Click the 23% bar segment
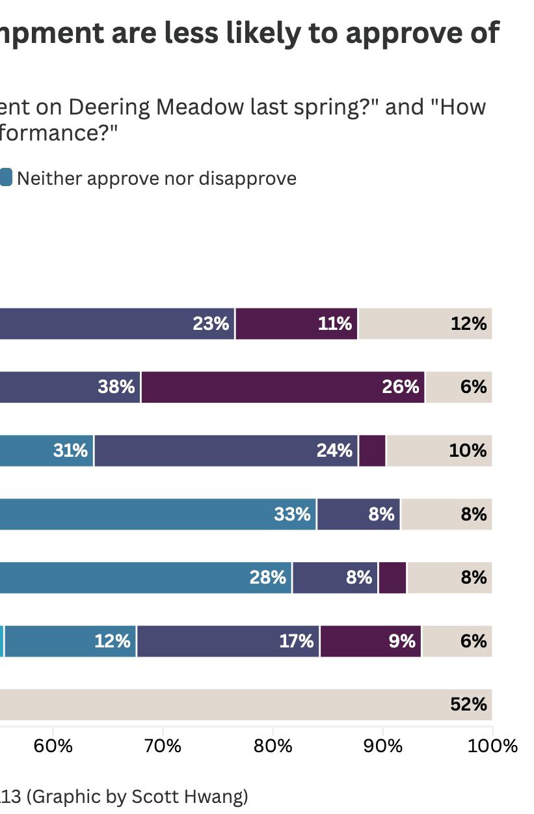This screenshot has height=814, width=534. coord(117,323)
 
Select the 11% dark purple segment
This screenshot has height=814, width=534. coord(297,323)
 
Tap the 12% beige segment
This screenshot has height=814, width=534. coord(425,323)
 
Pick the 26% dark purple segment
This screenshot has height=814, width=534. coord(283,387)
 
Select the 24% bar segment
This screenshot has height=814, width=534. coord(226,450)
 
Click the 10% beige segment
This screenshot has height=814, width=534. coord(439,450)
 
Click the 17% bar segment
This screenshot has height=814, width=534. coord(228,641)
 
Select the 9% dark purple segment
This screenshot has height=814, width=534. coord(371,641)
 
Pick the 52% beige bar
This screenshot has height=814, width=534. coord(246,705)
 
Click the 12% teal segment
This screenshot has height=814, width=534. coord(70,641)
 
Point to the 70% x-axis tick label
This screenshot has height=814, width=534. coord(163,746)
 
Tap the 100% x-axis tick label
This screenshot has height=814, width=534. coord(492,746)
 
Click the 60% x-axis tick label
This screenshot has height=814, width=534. coord(53,746)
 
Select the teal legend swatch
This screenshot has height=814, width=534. coord(5,178)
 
